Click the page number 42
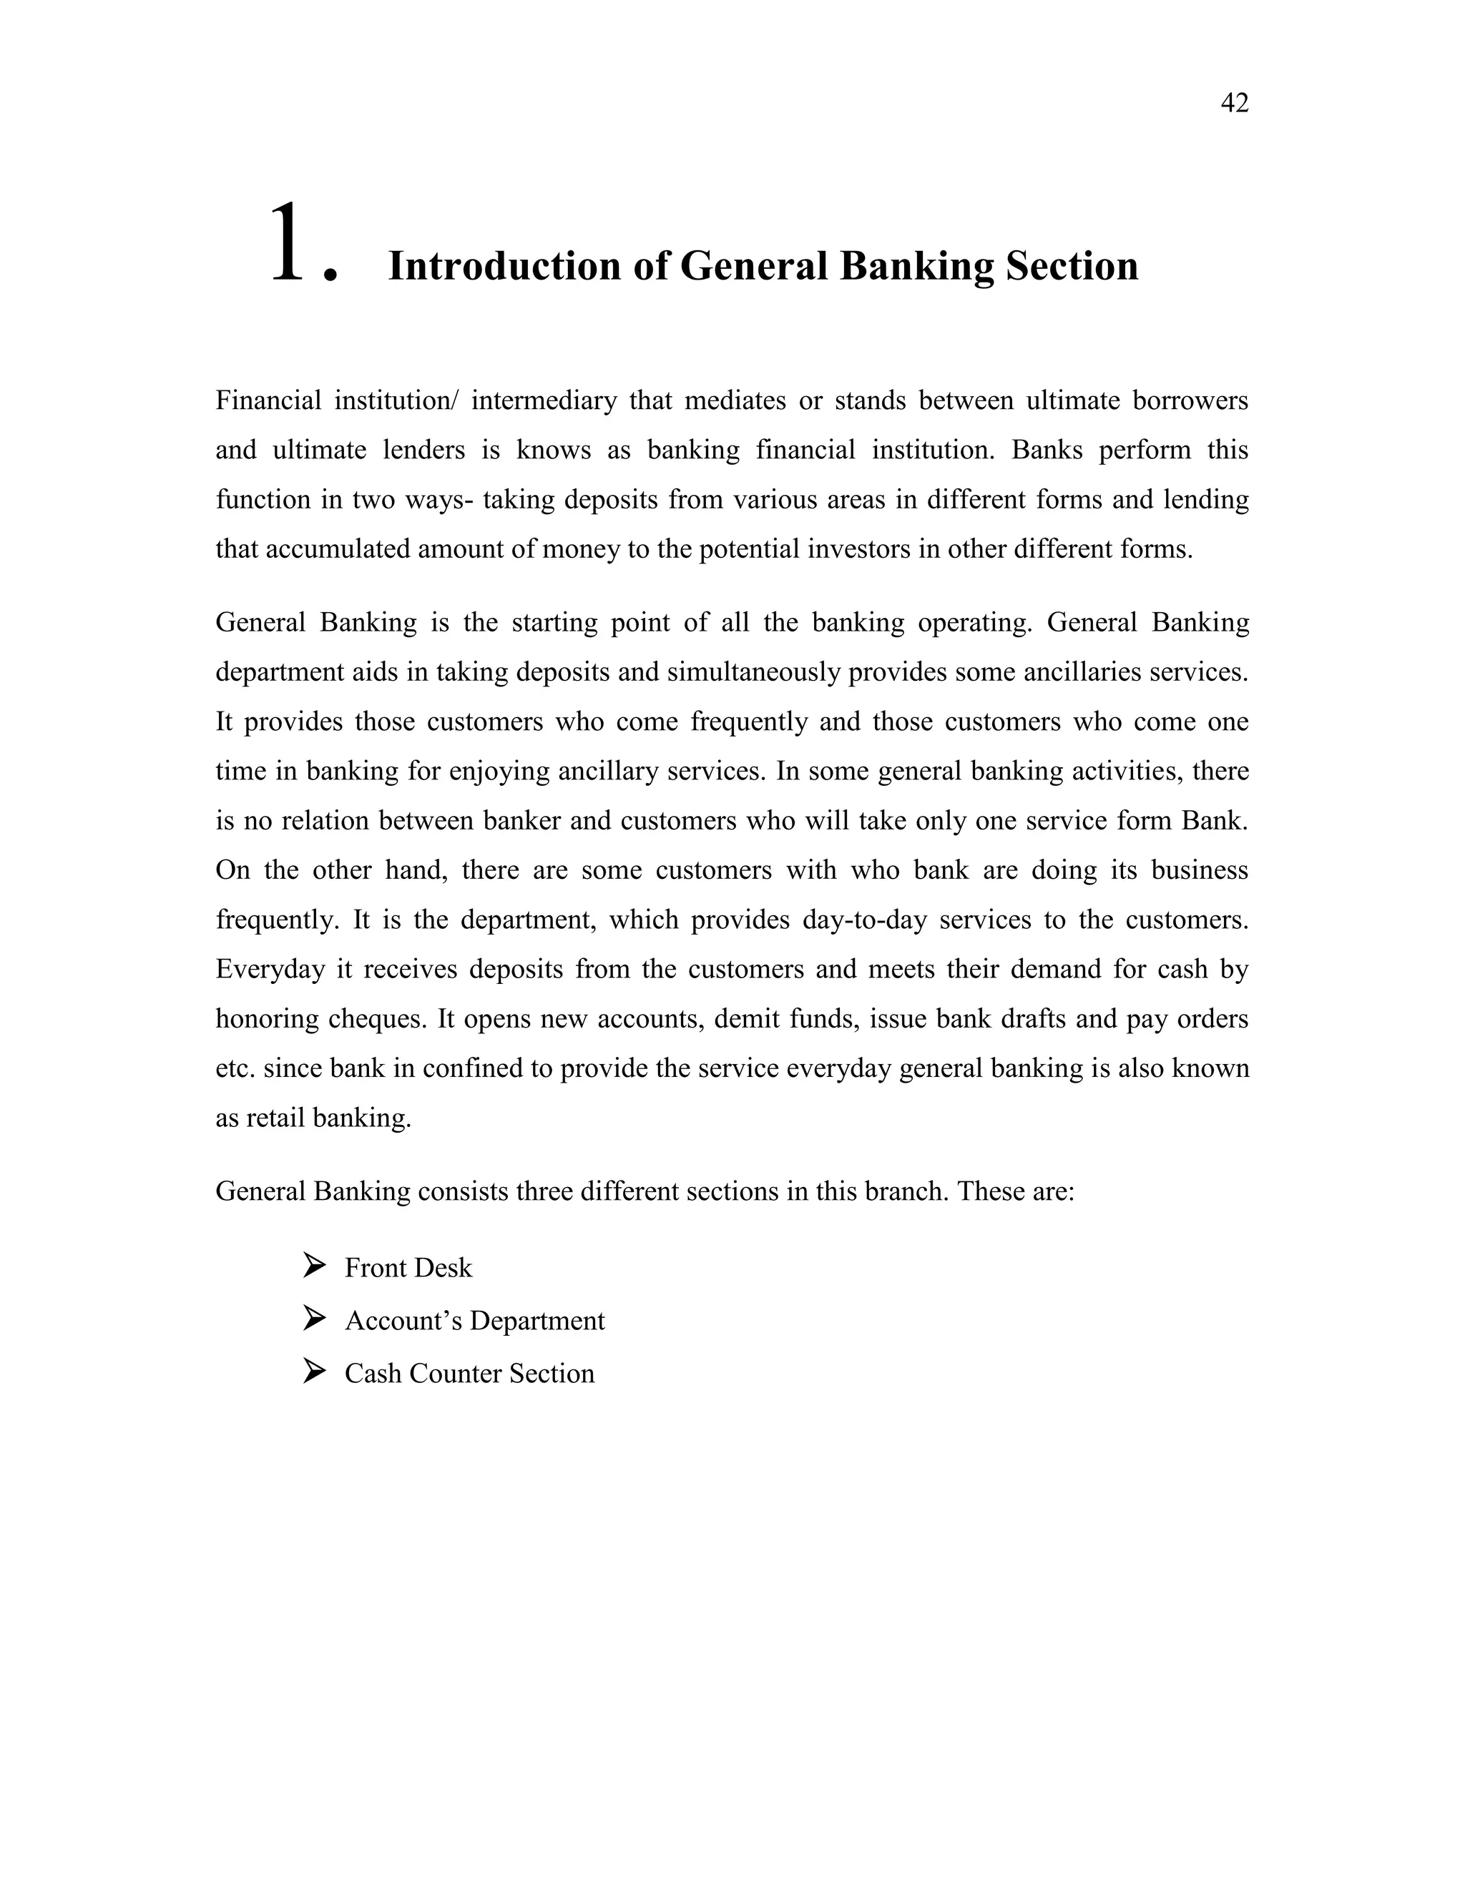pos(1234,103)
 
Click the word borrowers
pos(1191,401)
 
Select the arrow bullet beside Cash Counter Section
pos(314,1372)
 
